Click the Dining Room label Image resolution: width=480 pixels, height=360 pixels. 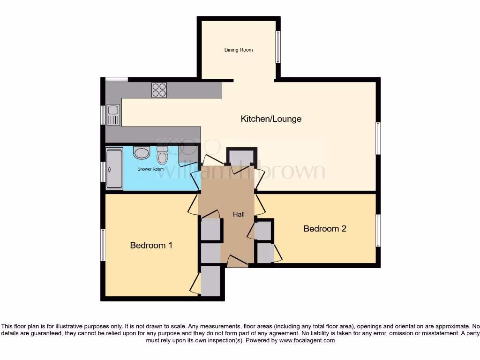pyautogui.click(x=238, y=50)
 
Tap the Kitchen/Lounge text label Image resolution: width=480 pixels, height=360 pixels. pyautogui.click(x=271, y=119)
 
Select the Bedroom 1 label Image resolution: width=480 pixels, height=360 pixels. pyautogui.click(x=151, y=245)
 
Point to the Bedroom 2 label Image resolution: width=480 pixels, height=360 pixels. pyautogui.click(x=325, y=229)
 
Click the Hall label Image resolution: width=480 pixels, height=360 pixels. pyautogui.click(x=239, y=215)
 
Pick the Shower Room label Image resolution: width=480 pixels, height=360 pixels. pyautogui.click(x=150, y=169)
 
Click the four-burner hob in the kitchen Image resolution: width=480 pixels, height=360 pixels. pyautogui.click(x=159, y=90)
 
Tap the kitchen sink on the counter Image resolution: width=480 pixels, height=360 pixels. pyautogui.click(x=113, y=115)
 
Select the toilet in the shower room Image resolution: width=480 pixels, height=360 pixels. pyautogui.click(x=162, y=155)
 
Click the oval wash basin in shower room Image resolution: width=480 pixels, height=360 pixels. pyautogui.click(x=141, y=152)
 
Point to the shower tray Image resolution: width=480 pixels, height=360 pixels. pyautogui.click(x=114, y=169)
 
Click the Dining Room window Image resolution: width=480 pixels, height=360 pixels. pyautogui.click(x=277, y=47)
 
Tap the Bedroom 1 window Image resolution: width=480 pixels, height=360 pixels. pyautogui.click(x=103, y=245)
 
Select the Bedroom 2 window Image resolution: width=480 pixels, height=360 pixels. pyautogui.click(x=378, y=230)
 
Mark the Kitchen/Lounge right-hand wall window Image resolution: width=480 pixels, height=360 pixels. pyautogui.click(x=378, y=138)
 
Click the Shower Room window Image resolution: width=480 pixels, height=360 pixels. pyautogui.click(x=103, y=172)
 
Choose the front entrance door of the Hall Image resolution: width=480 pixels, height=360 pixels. pyautogui.click(x=238, y=262)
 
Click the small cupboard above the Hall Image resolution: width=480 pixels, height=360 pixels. pyautogui.click(x=241, y=157)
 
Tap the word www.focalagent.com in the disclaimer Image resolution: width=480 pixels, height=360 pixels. pyautogui.click(x=307, y=340)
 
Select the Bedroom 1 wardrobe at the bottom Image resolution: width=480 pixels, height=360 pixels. pyautogui.click(x=210, y=281)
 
